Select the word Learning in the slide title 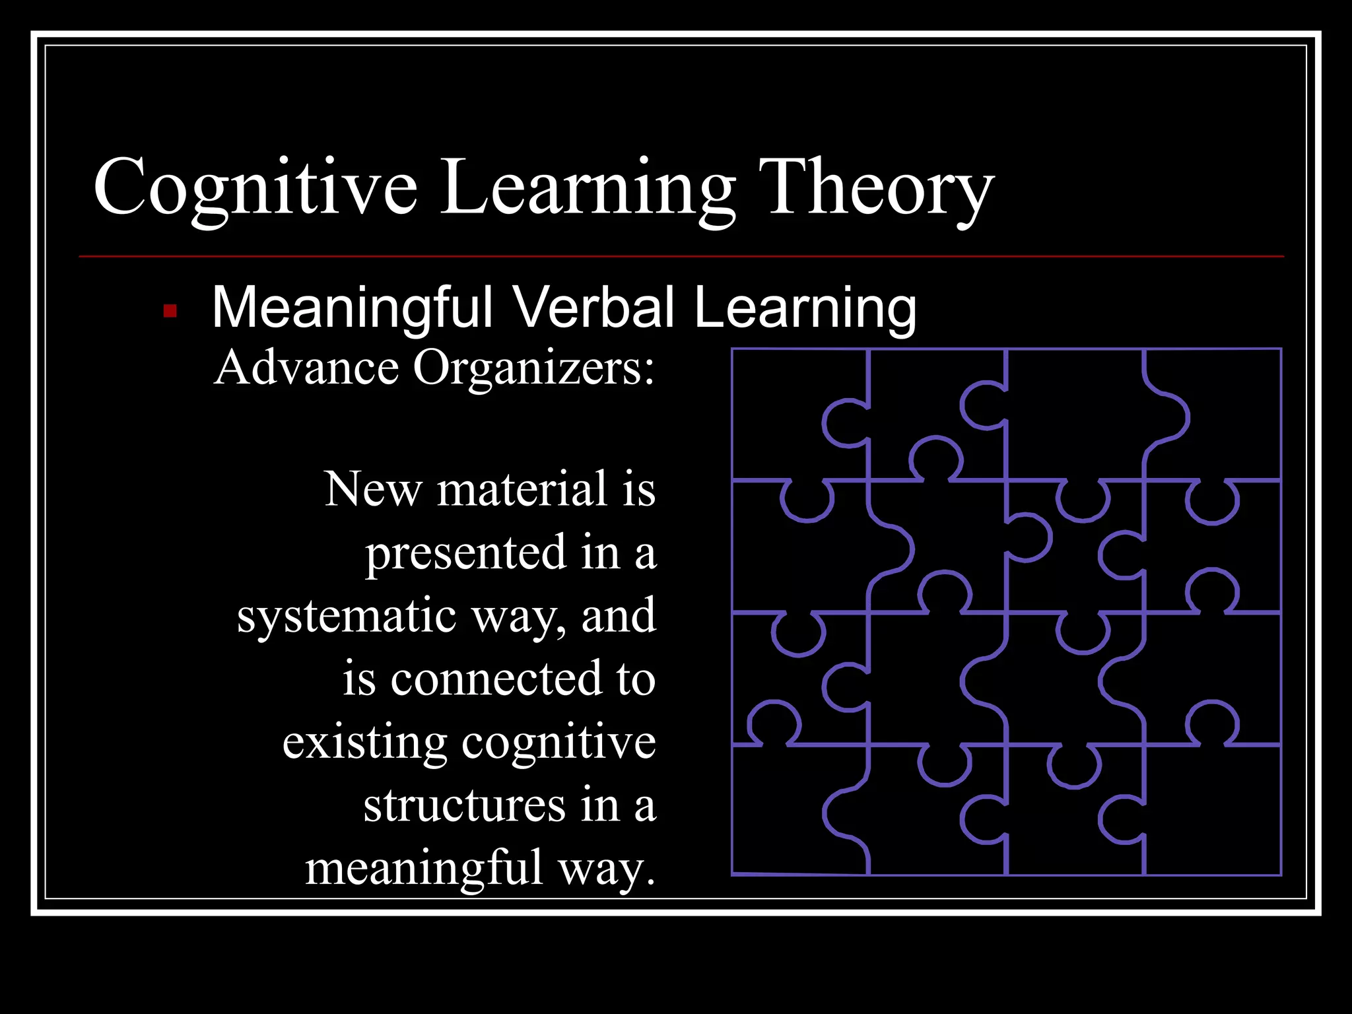(x=588, y=188)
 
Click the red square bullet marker (x=170, y=310)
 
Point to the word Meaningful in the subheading (x=352, y=308)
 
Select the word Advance (x=306, y=368)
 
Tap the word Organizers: (x=533, y=368)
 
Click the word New (x=372, y=490)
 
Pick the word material (x=522, y=490)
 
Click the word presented (x=466, y=553)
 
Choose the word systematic (x=347, y=616)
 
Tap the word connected (x=496, y=679)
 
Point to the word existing (x=364, y=742)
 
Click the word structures (x=464, y=805)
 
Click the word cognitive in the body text (x=558, y=742)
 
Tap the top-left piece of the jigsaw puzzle (x=786, y=409)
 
